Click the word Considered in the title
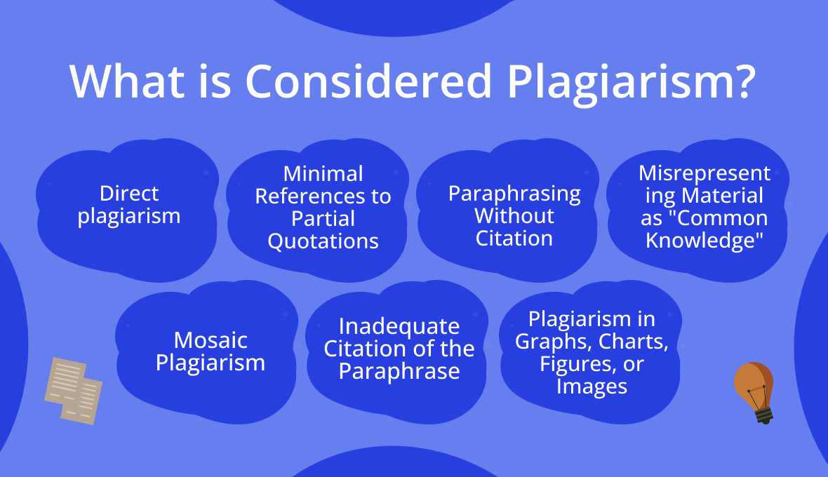[x=368, y=81]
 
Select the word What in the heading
[x=127, y=81]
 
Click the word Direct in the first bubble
[x=129, y=194]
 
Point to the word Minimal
[x=323, y=174]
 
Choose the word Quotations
[x=323, y=241]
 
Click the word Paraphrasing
[x=514, y=194]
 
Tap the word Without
[x=514, y=216]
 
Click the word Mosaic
[x=211, y=340]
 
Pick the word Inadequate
[x=399, y=327]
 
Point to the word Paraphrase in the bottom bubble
[x=399, y=372]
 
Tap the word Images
[x=592, y=387]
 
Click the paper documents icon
[x=74, y=391]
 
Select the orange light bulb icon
[x=754, y=393]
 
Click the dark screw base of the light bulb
[x=763, y=415]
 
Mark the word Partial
[x=323, y=219]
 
